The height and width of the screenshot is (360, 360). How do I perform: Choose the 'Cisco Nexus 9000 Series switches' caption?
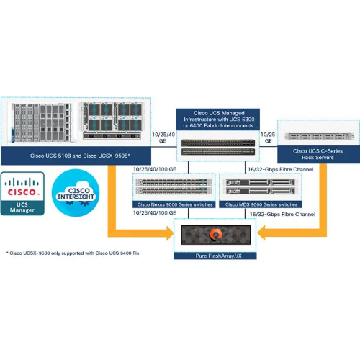coord(168,204)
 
